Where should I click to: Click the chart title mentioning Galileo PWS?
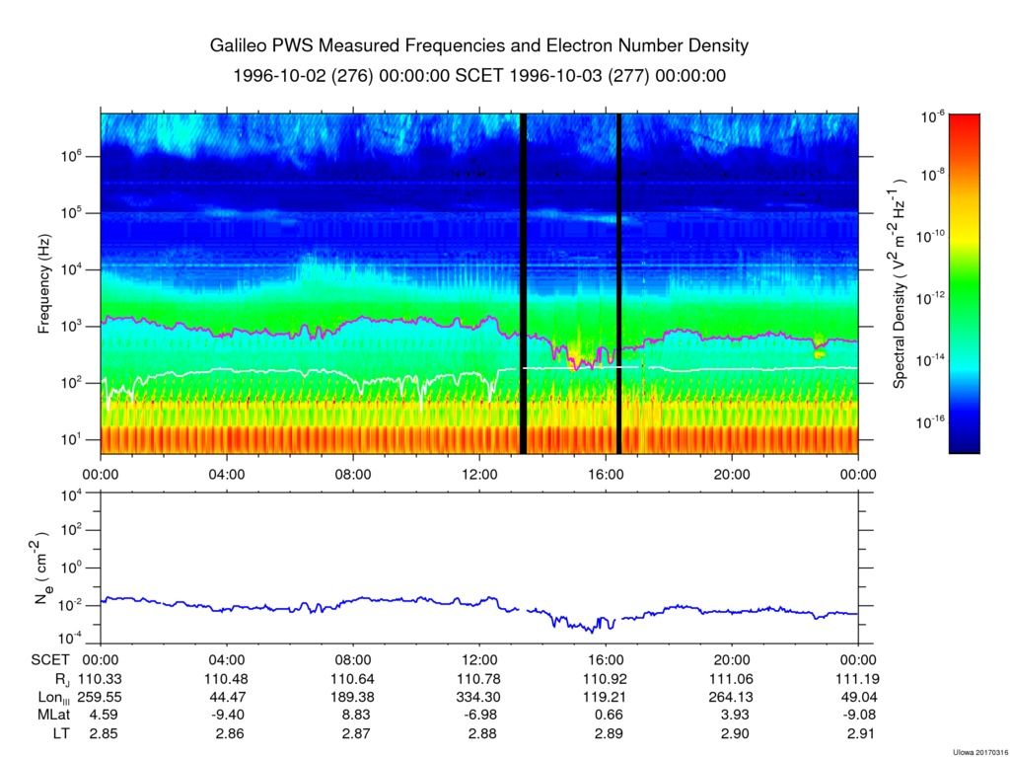click(x=479, y=46)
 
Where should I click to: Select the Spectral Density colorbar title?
click(x=901, y=284)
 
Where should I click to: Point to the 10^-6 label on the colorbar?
click(x=933, y=117)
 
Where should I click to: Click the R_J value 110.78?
click(x=479, y=679)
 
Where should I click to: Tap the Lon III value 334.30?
click(x=479, y=697)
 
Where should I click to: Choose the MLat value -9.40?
click(x=227, y=715)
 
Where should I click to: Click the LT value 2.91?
click(x=858, y=732)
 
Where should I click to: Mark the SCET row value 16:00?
click(x=605, y=661)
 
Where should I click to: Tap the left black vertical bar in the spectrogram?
click(x=523, y=283)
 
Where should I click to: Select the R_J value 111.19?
click(x=858, y=679)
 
